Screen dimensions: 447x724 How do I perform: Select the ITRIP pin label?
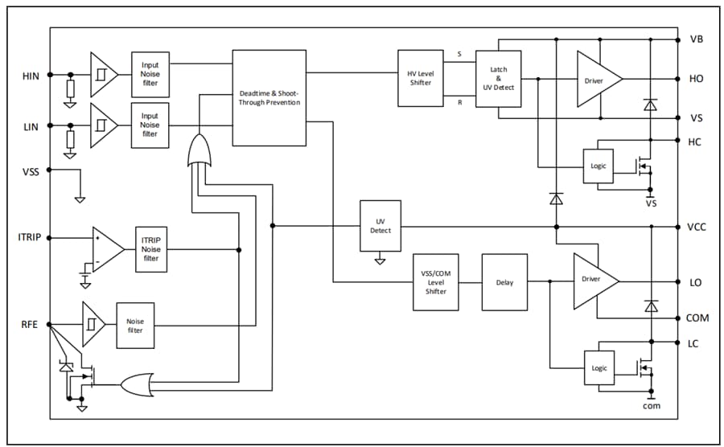(x=30, y=238)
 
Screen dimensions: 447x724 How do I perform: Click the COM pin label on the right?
(x=697, y=318)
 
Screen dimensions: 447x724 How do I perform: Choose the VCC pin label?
(x=697, y=227)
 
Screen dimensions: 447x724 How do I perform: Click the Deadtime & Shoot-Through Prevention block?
(x=269, y=97)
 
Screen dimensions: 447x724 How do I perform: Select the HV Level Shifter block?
(x=420, y=78)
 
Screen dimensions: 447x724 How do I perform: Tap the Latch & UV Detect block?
(x=499, y=78)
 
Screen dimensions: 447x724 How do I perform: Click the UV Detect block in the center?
(x=381, y=226)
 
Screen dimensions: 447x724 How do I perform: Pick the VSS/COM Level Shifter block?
(x=435, y=281)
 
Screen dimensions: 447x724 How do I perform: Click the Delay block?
(x=504, y=282)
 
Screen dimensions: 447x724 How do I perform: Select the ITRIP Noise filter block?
(x=151, y=249)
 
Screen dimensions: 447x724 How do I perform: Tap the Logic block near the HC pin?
(x=599, y=166)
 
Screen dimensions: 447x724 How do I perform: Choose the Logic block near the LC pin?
(x=599, y=367)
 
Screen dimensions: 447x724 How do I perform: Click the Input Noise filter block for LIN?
(x=150, y=125)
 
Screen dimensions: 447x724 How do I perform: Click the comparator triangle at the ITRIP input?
(x=106, y=249)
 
